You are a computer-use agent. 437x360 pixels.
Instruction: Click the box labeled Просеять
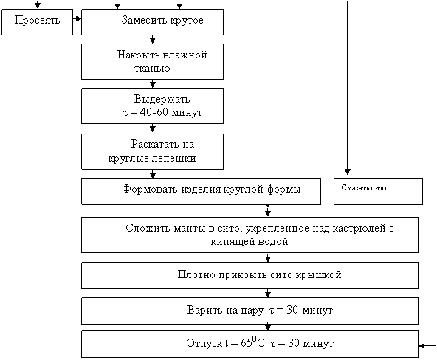pos(38,22)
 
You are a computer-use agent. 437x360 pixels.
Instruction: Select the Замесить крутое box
pos(152,22)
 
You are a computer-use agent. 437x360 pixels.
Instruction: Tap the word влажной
pos(185,55)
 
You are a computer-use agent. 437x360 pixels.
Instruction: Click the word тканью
pos(152,69)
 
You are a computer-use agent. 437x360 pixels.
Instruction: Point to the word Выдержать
pos(162,99)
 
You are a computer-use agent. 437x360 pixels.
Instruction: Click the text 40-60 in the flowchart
pos(154,112)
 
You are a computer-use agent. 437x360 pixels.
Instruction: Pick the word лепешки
pos(173,158)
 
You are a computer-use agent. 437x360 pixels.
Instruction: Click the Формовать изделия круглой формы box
pos(201,192)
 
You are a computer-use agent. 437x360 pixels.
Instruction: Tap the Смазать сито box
pos(378,192)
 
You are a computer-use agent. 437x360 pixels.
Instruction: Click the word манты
pos(190,229)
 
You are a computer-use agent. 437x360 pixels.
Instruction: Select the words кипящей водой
pos(250,241)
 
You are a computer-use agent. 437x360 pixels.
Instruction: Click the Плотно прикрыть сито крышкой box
pos(250,275)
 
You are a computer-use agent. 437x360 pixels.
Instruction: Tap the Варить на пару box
pos(250,311)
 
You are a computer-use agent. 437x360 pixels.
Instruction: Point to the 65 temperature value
pos(247,343)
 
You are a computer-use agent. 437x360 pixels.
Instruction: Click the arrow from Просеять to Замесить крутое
pos(78,19)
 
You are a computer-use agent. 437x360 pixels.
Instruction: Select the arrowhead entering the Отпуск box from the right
pos(422,346)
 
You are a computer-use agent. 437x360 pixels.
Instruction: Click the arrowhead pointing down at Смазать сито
pos(347,171)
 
